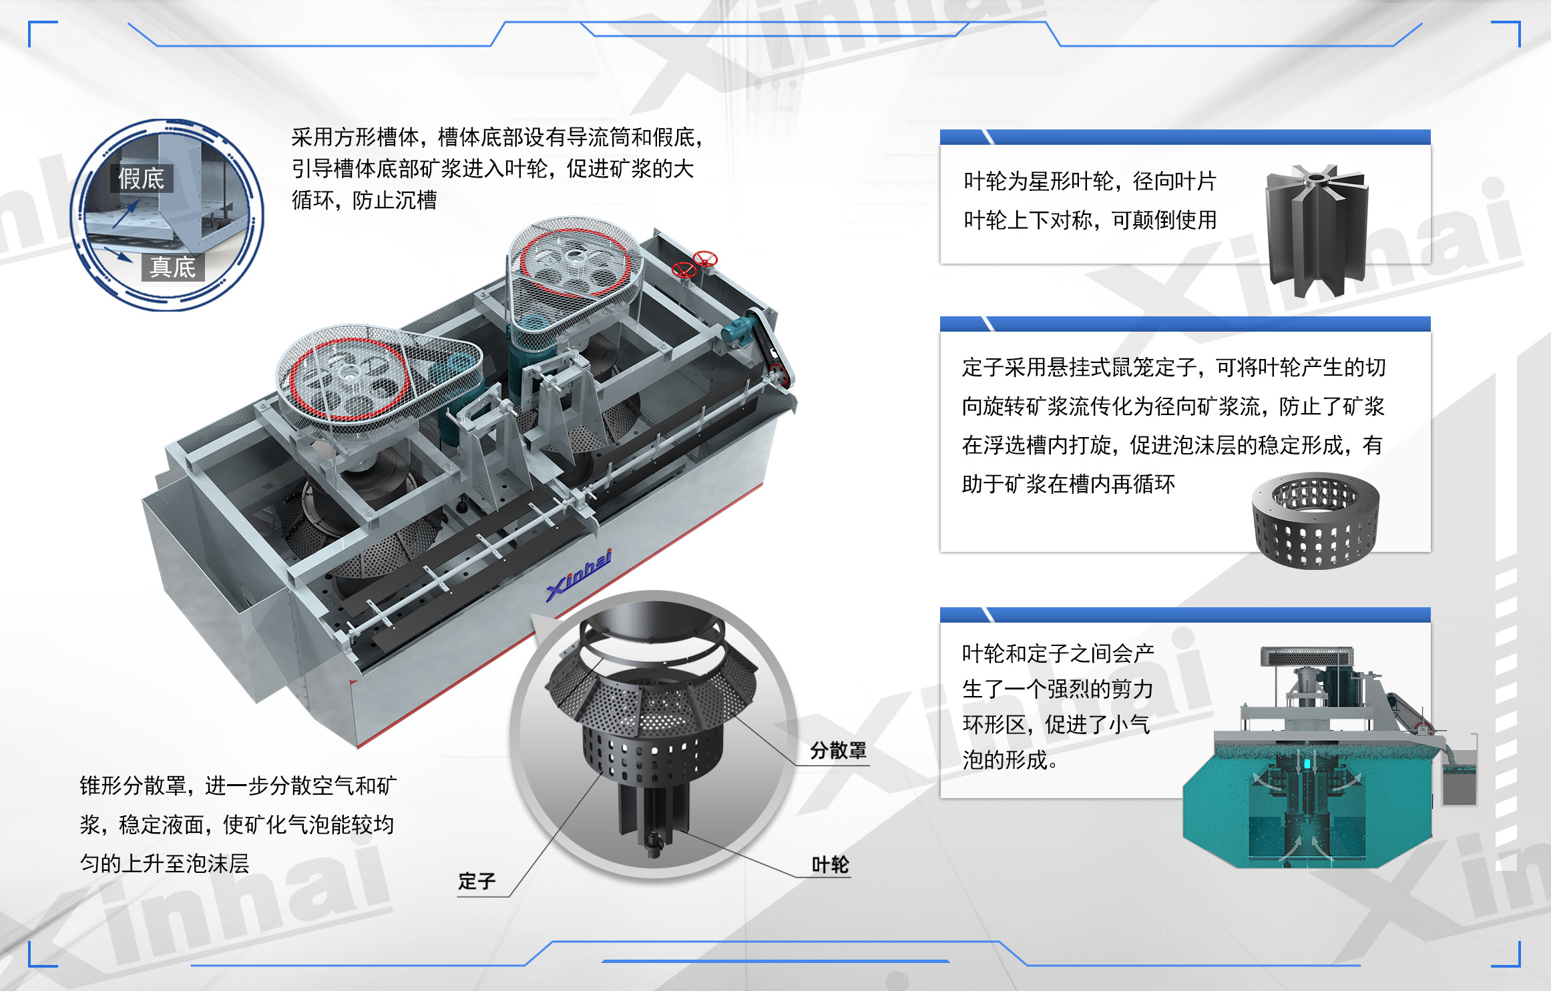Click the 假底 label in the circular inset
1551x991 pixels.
141,178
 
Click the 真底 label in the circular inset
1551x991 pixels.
173,267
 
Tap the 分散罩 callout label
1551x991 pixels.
838,751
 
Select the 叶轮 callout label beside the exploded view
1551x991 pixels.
830,865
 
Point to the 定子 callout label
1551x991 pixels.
477,882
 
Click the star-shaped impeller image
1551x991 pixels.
1316,230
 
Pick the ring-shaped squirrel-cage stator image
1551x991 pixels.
1315,521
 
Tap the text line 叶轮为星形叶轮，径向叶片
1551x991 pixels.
1090,181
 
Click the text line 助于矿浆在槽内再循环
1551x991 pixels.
1068,484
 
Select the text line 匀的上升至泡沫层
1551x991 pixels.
164,864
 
